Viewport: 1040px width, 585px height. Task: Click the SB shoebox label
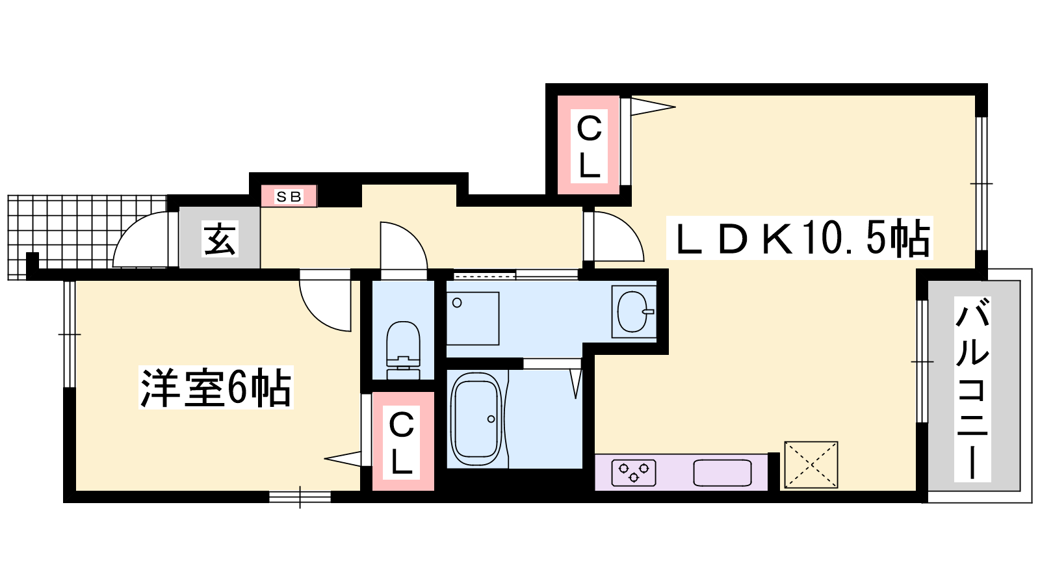click(289, 196)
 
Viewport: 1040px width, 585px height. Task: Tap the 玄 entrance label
click(220, 238)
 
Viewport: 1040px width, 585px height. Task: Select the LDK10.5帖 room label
click(799, 238)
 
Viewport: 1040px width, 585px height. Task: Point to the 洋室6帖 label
click(216, 387)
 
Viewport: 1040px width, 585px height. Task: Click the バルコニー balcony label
click(972, 389)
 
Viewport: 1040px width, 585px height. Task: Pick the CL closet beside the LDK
click(589, 144)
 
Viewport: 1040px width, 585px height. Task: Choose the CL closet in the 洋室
click(402, 441)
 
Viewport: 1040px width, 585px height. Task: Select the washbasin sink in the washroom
click(634, 311)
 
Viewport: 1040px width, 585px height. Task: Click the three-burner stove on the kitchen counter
click(634, 473)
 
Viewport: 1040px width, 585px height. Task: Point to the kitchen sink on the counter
click(722, 473)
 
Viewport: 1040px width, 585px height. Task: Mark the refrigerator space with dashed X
click(811, 465)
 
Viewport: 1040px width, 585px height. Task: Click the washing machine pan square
click(473, 318)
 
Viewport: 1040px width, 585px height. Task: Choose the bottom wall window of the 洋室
click(300, 497)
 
